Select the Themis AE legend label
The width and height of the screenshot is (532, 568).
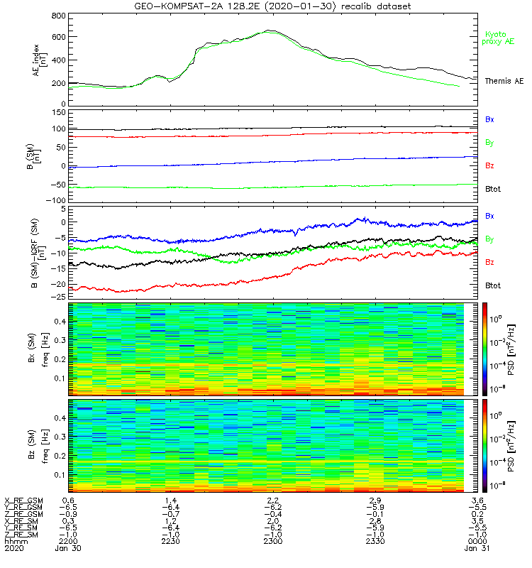click(x=504, y=81)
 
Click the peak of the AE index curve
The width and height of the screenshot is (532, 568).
click(x=270, y=31)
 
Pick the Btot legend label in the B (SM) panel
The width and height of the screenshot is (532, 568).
click(x=493, y=190)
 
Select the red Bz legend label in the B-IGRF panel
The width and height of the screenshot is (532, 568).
click(x=489, y=262)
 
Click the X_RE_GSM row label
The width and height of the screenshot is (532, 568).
click(x=23, y=501)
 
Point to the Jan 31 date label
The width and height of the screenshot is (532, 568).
click(x=477, y=548)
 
